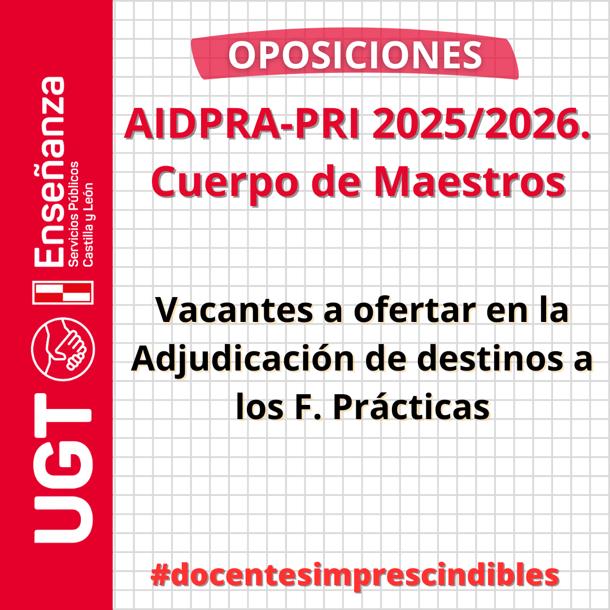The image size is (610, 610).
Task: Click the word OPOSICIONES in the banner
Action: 355,55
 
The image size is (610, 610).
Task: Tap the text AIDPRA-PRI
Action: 242,124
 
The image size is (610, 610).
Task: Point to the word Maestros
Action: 469,181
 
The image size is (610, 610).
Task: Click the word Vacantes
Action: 234,310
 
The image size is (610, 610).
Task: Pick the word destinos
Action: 490,358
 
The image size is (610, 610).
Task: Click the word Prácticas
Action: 411,407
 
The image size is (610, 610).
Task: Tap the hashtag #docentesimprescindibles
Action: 355,576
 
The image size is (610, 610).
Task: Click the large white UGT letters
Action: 63,468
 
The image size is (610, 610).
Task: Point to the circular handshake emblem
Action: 63,350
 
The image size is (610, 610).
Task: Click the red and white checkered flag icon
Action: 63,292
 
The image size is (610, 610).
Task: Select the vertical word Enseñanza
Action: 49,172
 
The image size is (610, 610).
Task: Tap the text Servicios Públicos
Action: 73,214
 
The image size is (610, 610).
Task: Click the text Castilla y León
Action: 88,224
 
